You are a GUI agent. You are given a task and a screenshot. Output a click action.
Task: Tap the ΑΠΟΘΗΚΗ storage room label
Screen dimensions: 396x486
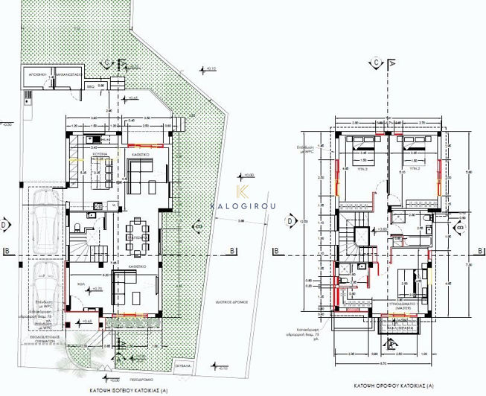[x=38, y=75]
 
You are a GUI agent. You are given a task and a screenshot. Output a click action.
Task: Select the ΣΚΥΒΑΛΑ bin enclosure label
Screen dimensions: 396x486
[x=183, y=366]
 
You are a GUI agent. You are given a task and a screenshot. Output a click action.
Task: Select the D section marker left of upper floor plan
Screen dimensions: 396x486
[x=289, y=221]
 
